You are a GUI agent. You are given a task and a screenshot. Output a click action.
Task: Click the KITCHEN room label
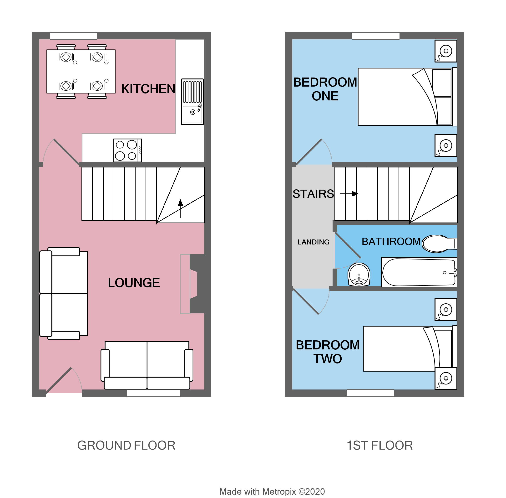148,89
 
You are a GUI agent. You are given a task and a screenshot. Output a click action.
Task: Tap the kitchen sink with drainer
192,102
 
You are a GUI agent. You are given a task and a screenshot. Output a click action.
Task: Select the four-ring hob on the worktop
127,150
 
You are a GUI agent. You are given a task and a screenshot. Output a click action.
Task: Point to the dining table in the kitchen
81,71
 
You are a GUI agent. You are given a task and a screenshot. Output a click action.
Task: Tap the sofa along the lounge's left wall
64,293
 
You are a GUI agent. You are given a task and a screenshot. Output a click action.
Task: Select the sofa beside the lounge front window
147,365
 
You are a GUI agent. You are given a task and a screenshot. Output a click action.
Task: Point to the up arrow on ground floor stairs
180,208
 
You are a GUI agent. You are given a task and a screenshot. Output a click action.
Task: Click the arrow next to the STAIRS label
349,194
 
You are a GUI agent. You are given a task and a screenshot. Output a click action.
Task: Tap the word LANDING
313,242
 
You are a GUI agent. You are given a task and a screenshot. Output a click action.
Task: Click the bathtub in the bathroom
419,272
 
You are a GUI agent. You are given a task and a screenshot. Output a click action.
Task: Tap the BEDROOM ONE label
325,89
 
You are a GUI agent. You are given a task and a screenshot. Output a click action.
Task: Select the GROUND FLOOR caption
126,446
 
